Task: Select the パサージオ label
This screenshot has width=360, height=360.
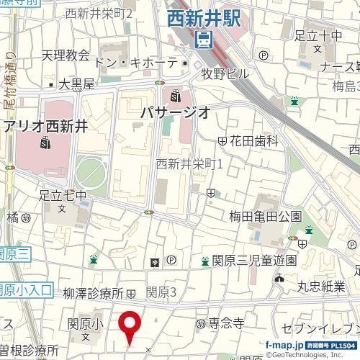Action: tap(175, 112)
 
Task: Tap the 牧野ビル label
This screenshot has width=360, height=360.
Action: tap(225, 73)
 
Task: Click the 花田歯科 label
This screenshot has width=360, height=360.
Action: tap(253, 141)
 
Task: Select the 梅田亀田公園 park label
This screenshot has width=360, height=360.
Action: tap(265, 216)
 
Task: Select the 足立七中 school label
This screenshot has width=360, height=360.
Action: tap(63, 195)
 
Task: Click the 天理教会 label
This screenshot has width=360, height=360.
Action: tap(66, 55)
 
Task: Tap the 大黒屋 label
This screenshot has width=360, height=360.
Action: tap(76, 84)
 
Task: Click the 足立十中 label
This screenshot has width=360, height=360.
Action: tap(318, 35)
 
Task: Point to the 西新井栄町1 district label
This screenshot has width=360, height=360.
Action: tap(190, 164)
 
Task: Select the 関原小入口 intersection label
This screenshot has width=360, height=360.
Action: tap(26, 290)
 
